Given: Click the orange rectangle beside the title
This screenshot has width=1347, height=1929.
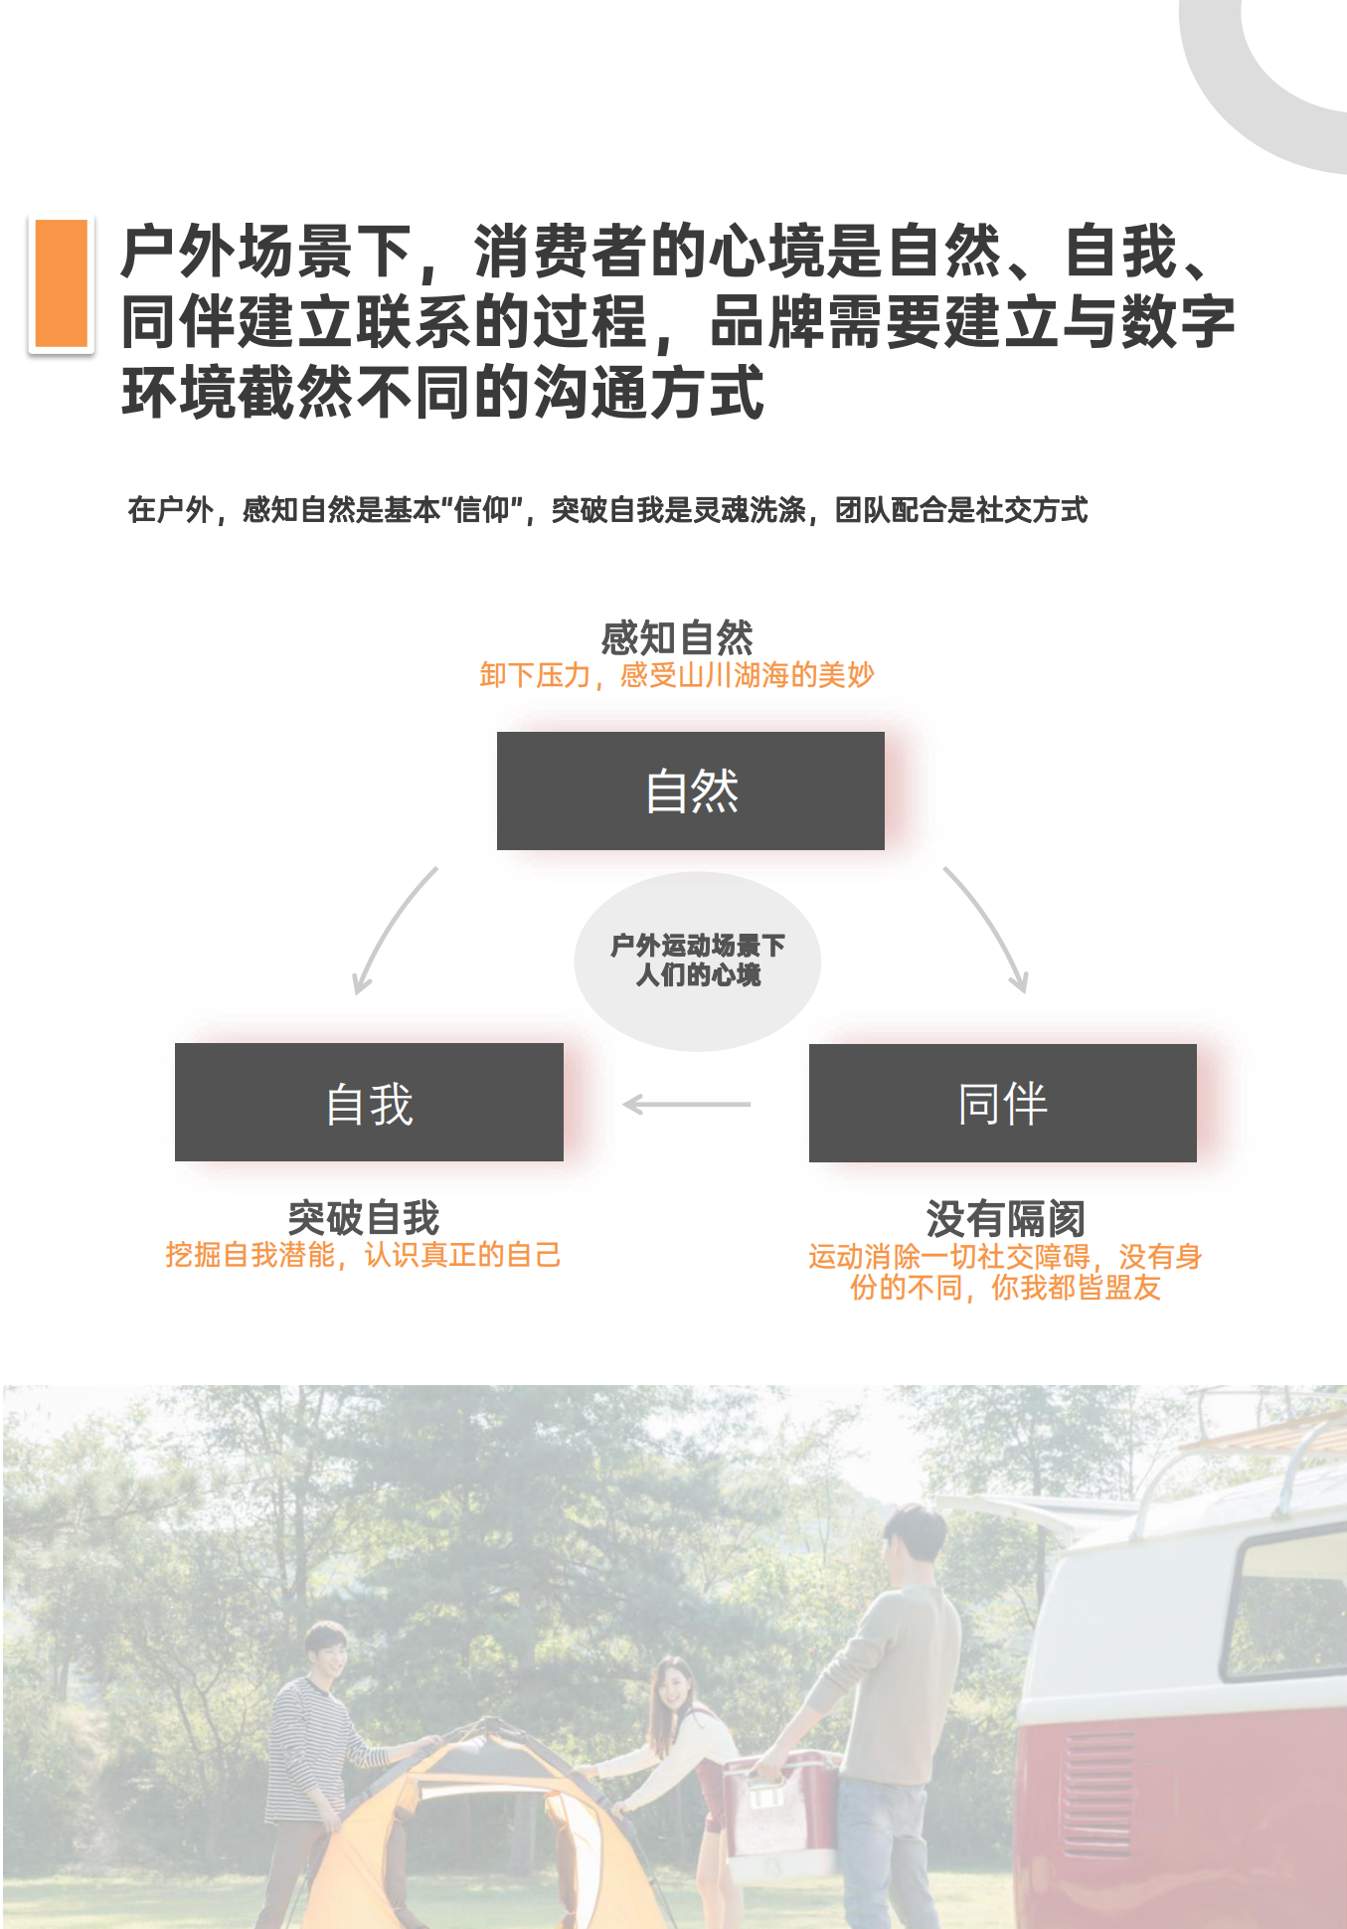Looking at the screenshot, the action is [61, 284].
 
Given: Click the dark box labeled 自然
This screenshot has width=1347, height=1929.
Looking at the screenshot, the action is [691, 790].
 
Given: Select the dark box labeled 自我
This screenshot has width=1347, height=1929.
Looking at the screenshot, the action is [369, 1102].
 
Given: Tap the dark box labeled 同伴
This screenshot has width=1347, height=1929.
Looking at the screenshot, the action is [1003, 1103].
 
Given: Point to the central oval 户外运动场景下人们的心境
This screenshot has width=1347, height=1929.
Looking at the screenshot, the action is [698, 961].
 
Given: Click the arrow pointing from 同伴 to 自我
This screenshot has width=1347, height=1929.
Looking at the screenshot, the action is [687, 1104].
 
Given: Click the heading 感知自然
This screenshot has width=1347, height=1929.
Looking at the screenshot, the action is [677, 637].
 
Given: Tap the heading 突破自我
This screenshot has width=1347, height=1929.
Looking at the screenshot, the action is [364, 1217].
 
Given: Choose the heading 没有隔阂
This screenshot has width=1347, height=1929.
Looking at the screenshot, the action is [1005, 1218].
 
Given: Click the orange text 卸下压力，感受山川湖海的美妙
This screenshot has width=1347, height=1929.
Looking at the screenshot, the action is [677, 675].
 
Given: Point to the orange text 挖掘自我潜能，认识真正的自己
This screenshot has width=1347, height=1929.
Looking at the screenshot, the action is [364, 1255].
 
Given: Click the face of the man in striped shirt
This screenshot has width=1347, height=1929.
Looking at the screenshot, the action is [327, 1653].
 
